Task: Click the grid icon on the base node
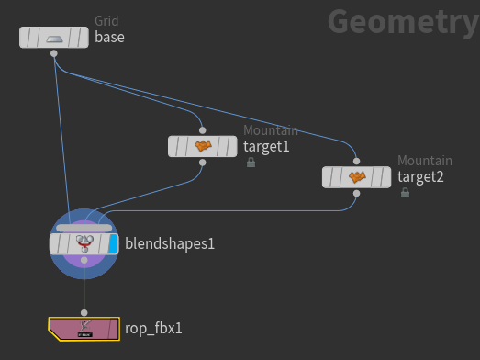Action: [55, 38]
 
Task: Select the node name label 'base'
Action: [109, 38]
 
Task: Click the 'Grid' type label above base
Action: [106, 21]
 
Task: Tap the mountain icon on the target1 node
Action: [203, 146]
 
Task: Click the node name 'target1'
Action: [266, 146]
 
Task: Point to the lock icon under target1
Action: [251, 163]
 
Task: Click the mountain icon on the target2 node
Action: [357, 176]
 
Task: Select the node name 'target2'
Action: [420, 176]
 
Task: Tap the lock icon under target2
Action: [405, 193]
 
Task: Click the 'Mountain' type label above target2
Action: [425, 161]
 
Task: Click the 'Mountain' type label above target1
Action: [271, 130]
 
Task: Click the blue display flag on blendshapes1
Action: [114, 243]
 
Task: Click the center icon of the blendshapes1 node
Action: [84, 243]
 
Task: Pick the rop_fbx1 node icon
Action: [84, 327]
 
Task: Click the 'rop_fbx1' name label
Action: [153, 327]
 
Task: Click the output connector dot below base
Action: [55, 54]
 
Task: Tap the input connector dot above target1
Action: [203, 130]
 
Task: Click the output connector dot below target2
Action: [357, 193]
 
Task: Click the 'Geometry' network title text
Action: [402, 20]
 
